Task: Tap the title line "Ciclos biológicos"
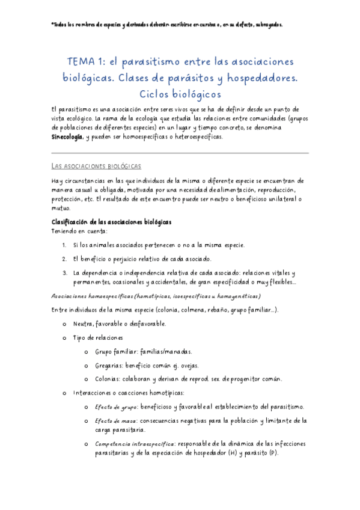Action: tap(180, 94)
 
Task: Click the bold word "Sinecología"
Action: tap(67, 137)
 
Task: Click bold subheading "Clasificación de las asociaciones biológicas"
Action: tap(112, 205)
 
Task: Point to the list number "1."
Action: tap(64, 229)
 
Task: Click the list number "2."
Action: tap(64, 242)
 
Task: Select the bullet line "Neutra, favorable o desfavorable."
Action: tap(120, 324)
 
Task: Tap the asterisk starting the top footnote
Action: tap(53, 25)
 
